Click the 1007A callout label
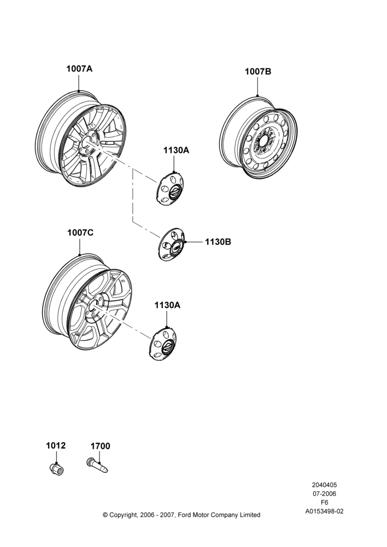(79, 69)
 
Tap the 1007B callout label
(258, 72)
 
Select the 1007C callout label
(80, 232)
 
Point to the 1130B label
(218, 242)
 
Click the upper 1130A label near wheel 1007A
(177, 150)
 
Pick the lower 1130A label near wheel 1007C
(167, 305)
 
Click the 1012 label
(56, 445)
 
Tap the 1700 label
(101, 446)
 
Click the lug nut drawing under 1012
(56, 469)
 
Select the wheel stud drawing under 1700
(97, 465)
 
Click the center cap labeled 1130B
(172, 244)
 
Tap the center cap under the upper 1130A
(170, 189)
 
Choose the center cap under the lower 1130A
(163, 344)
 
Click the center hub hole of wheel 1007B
(263, 141)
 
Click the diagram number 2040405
(324, 485)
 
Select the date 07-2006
(324, 493)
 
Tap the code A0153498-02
(324, 511)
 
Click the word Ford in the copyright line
(186, 515)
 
